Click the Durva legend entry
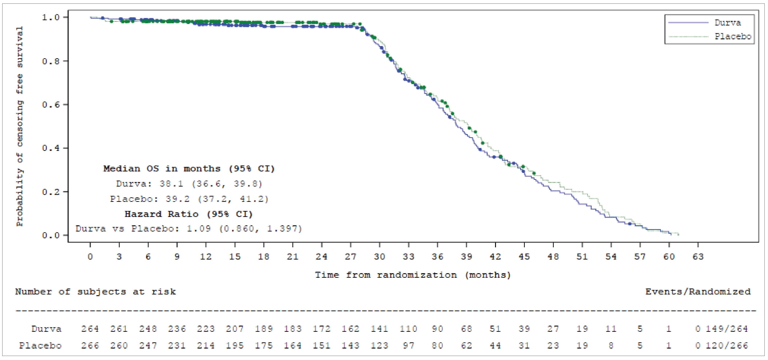coord(727,23)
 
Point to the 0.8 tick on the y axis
coord(51,61)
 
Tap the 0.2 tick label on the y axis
coord(51,192)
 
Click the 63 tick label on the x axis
coord(698,257)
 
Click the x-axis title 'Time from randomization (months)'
coord(413,275)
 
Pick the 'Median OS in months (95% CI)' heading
coord(189,169)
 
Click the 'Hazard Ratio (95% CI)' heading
coord(188,214)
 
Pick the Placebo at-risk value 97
coord(408,345)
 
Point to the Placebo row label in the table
coord(40,345)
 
